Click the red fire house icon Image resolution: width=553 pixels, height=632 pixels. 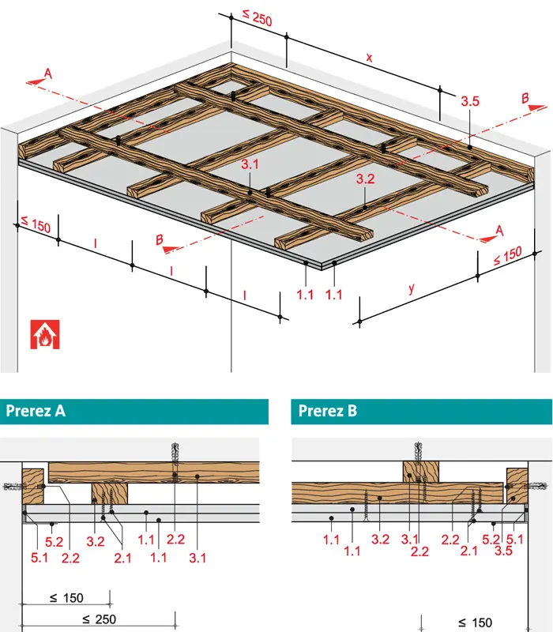click(x=45, y=334)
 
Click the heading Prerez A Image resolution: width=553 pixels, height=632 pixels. click(x=36, y=411)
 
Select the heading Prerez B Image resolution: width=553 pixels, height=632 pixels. click(x=327, y=411)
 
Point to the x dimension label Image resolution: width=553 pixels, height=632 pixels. click(x=369, y=58)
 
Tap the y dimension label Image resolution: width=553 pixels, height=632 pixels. click(x=411, y=288)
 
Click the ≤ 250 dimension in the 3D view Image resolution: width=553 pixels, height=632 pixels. click(x=258, y=17)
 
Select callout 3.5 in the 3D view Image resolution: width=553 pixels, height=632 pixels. click(x=470, y=101)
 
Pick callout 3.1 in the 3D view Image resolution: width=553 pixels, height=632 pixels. click(x=250, y=164)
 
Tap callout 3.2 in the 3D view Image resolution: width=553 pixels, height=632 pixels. click(x=365, y=179)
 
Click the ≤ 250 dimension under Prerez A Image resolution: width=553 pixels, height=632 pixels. click(x=100, y=619)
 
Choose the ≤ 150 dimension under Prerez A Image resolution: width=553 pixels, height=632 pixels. click(x=66, y=598)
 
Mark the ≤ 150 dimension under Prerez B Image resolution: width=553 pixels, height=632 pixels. click(x=476, y=623)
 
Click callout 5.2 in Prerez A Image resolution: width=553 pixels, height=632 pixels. click(x=54, y=542)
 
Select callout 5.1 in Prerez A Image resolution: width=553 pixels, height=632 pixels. click(x=39, y=558)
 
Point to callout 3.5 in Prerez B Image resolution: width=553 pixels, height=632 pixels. click(x=503, y=551)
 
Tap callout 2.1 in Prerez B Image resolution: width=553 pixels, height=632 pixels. click(x=468, y=551)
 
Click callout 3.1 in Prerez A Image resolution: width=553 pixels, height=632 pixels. click(x=197, y=558)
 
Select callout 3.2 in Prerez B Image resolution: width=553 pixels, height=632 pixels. click(x=380, y=540)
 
